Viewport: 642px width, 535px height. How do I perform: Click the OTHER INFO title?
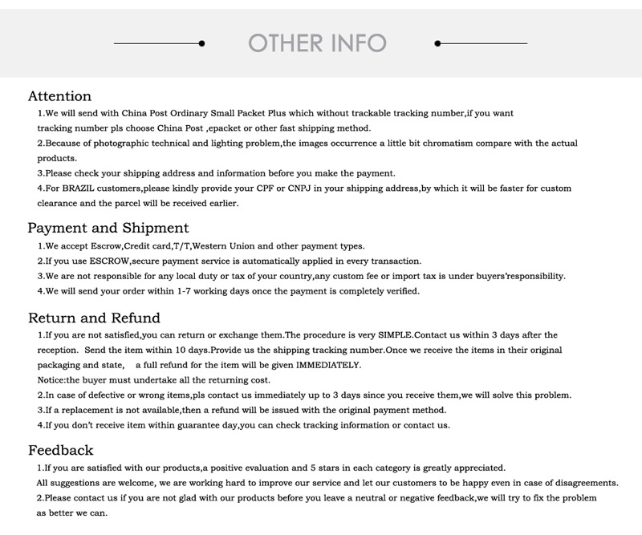pyautogui.click(x=318, y=43)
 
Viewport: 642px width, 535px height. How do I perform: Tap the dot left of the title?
pyautogui.click(x=201, y=43)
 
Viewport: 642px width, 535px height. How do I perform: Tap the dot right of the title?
pyautogui.click(x=437, y=43)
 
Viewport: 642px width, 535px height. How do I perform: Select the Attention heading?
pyautogui.click(x=59, y=96)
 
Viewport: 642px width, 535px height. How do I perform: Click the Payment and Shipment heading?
pyautogui.click(x=108, y=228)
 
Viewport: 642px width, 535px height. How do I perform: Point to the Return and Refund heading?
pyautogui.click(x=94, y=318)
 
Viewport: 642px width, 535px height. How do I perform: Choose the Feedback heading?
pyautogui.click(x=61, y=450)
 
